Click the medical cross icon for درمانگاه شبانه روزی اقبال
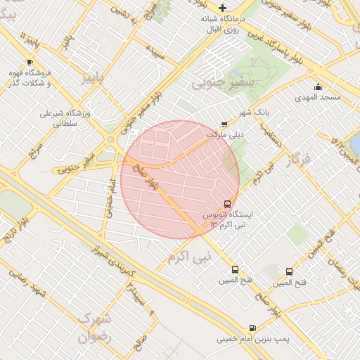point(223,8)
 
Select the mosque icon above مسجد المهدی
point(318,88)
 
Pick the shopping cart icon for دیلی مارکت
point(224,124)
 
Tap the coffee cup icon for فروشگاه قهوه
point(29,63)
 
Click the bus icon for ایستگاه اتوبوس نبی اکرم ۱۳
point(227,202)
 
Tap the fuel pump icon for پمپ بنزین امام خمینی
point(252,327)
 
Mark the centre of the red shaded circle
point(180,179)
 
